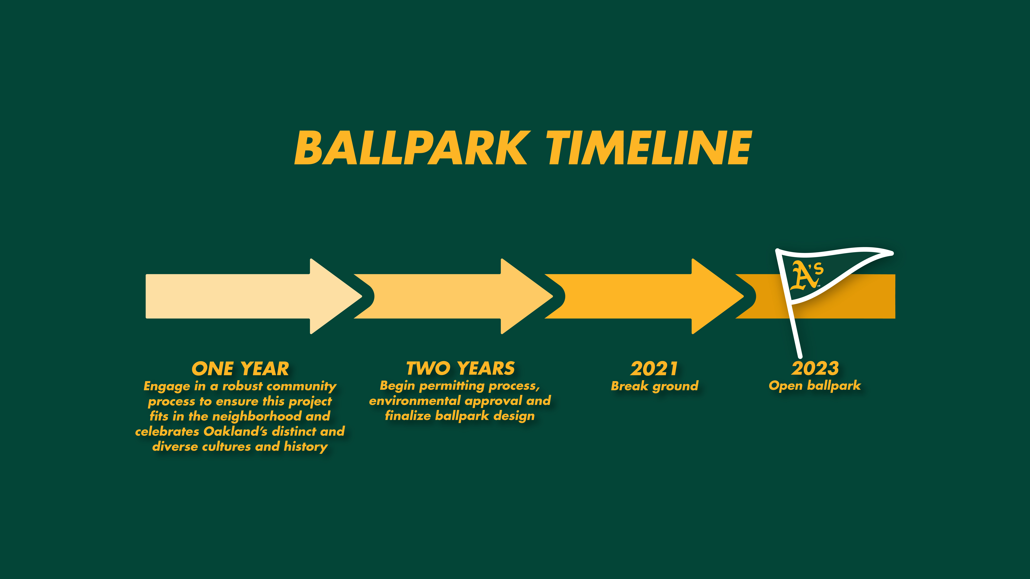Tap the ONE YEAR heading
(x=240, y=368)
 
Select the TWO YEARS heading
(x=461, y=368)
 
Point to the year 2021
(x=654, y=368)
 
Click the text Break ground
(x=655, y=386)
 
